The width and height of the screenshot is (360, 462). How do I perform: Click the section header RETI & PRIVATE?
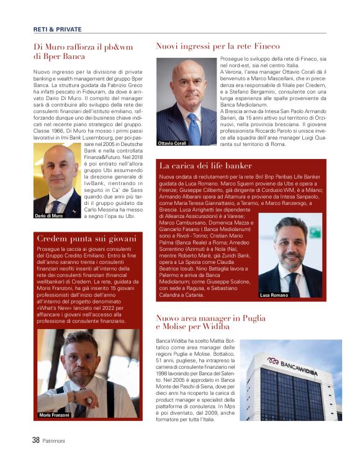56,29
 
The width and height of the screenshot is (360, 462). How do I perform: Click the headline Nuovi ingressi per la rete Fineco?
217,46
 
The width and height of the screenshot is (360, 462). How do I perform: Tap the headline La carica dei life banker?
205,166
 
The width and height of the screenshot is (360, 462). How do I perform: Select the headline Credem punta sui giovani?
86,238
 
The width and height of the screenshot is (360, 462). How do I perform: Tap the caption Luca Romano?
274,295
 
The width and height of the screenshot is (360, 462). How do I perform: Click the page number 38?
37,440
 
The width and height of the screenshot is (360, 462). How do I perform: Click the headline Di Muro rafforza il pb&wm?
83,51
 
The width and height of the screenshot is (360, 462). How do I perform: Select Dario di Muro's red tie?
58,204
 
